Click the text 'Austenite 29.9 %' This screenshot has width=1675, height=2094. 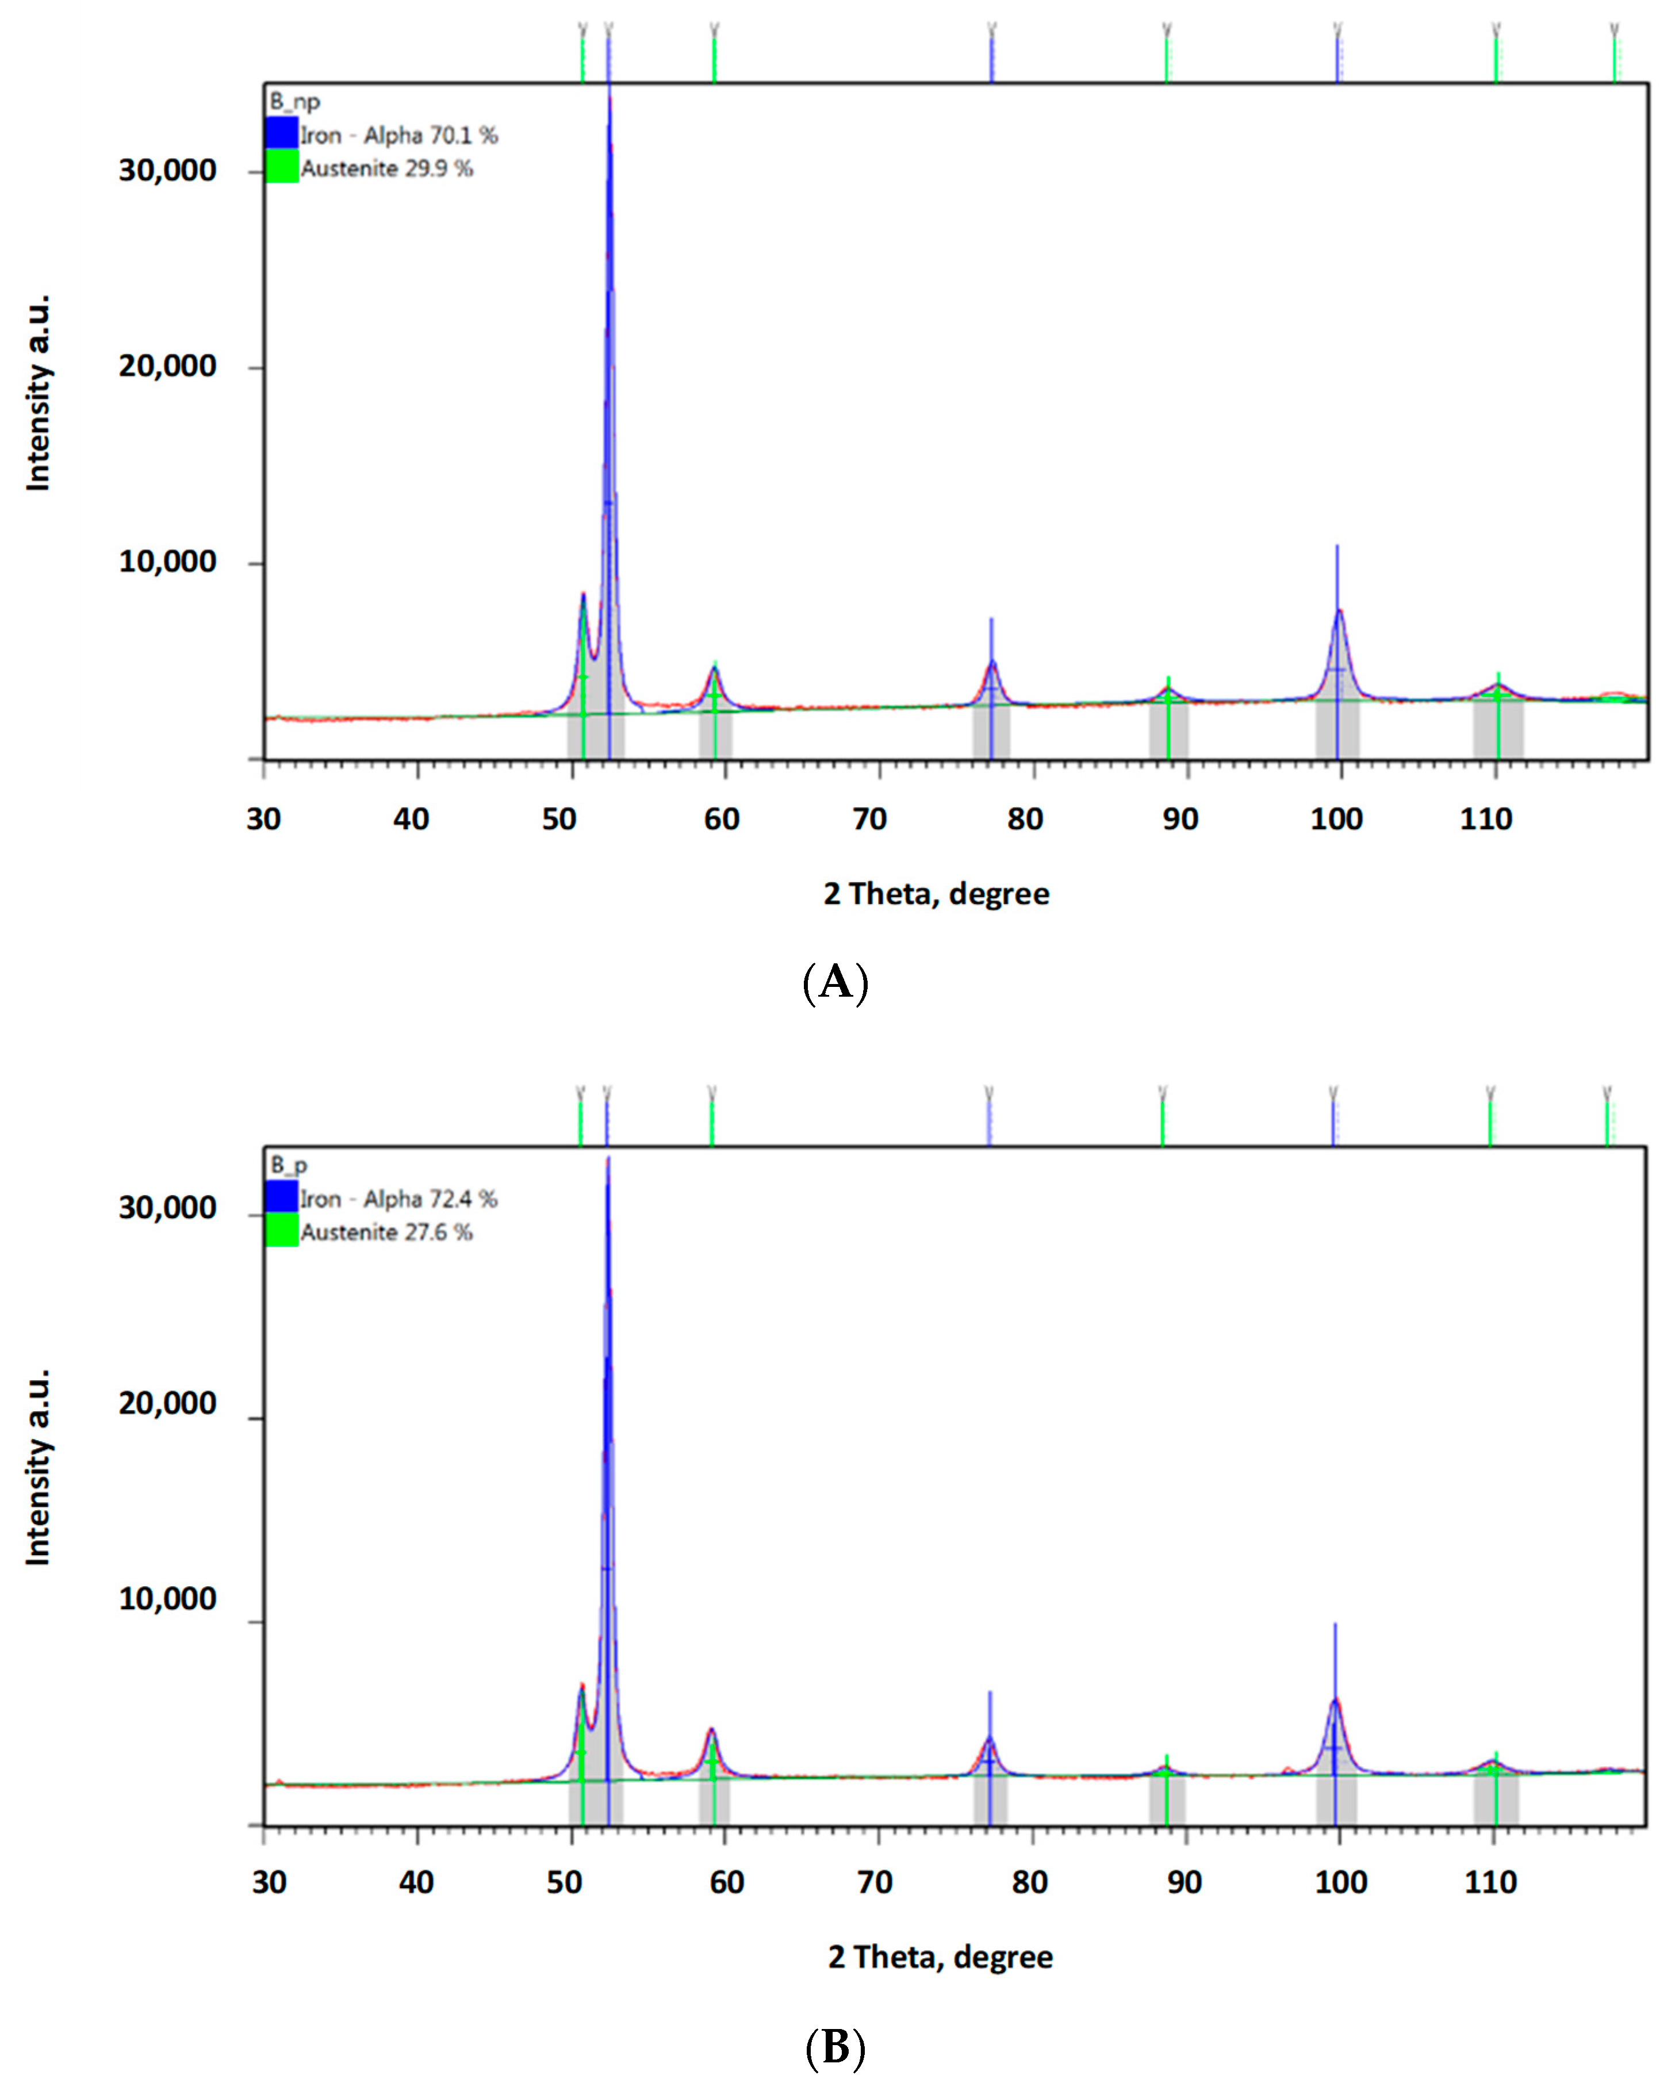point(386,168)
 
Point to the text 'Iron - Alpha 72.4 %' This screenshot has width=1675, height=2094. point(398,1199)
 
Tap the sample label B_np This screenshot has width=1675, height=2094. point(294,101)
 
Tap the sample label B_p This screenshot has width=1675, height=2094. point(289,1165)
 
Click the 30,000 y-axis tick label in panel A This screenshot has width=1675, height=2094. point(167,171)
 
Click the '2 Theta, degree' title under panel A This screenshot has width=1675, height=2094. point(936,894)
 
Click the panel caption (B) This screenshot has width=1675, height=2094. point(835,2047)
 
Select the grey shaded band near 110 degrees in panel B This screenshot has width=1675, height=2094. point(1496,1799)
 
